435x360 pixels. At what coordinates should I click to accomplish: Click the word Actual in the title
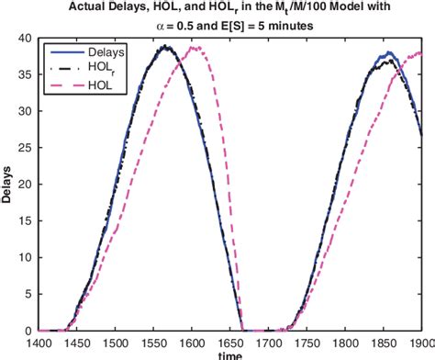pos(91,7)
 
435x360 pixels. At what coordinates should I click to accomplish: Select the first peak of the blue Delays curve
pos(165,45)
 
